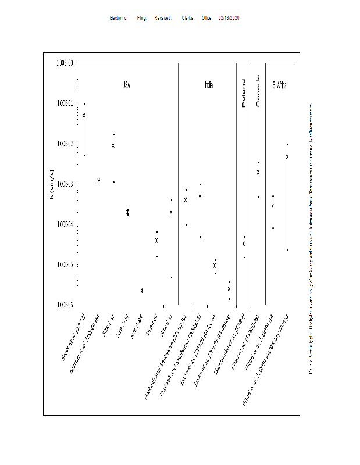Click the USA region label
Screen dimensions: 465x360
[x=126, y=85]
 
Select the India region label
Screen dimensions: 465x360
[x=208, y=85]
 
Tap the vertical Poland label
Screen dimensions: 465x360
[x=244, y=93]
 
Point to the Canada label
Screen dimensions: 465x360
[x=258, y=93]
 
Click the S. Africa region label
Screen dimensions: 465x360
[x=280, y=85]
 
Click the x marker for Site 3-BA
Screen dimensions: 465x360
[x=142, y=290]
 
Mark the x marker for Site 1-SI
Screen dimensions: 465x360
[x=113, y=145]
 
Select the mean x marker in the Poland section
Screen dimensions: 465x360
[x=244, y=244]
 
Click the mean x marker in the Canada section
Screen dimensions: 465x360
[x=258, y=172]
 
